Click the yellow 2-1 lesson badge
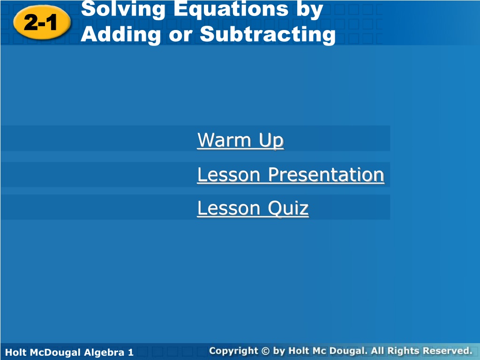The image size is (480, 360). point(42,22)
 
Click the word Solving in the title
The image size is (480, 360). point(123,10)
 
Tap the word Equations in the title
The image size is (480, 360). point(231,9)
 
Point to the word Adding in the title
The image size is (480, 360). point(121,34)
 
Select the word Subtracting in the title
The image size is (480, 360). point(268,34)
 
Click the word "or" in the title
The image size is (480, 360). point(180,36)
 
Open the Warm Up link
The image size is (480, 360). point(240,140)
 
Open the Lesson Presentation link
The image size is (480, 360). point(291,174)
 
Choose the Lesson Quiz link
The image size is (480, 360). point(253,208)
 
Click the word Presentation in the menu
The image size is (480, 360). point(326,174)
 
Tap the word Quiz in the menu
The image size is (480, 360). point(288,208)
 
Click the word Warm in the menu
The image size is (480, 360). point(225,140)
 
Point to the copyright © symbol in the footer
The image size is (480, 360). point(265,351)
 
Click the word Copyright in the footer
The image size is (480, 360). point(233,351)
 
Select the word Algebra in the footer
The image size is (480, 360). point(104,352)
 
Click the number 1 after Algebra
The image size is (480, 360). point(131,352)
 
